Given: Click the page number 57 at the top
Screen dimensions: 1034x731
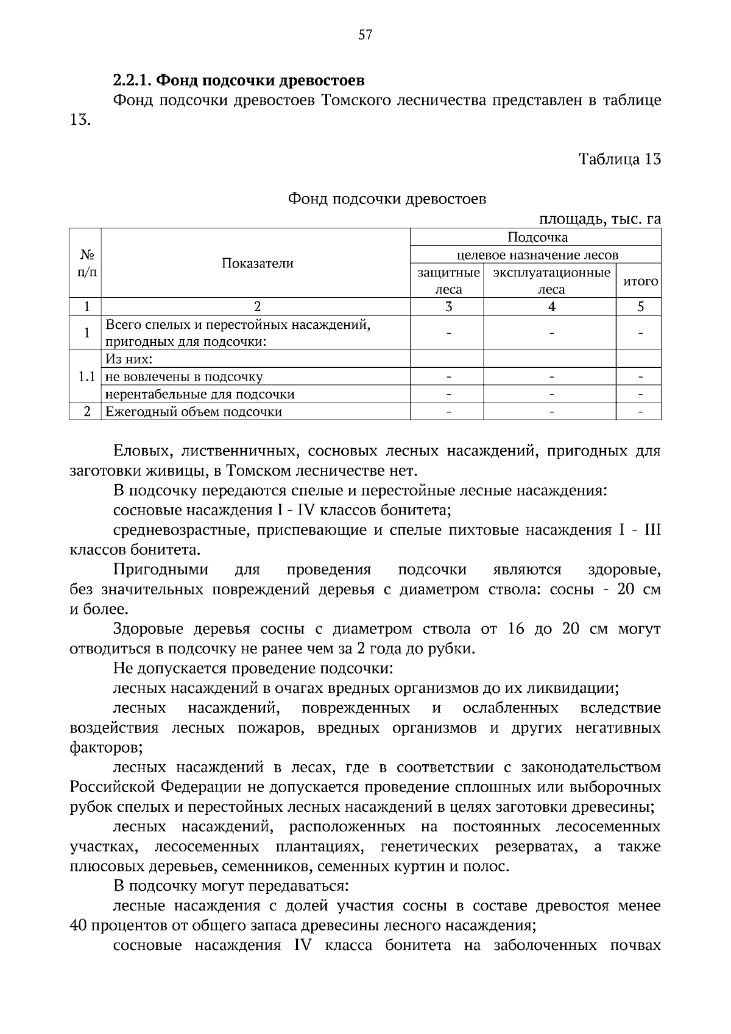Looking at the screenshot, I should (x=365, y=35).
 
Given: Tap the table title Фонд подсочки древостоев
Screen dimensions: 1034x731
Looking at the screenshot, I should (x=387, y=199).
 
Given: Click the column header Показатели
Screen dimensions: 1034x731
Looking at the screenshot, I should (x=257, y=263).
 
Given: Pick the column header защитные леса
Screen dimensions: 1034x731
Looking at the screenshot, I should (x=448, y=281).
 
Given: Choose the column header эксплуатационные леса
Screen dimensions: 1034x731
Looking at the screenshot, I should (x=551, y=281).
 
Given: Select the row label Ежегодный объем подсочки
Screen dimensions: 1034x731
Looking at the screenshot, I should (x=194, y=412).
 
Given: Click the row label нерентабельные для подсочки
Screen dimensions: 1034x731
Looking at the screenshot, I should (x=200, y=394).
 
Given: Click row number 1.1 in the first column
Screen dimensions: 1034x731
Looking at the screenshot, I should (x=87, y=376).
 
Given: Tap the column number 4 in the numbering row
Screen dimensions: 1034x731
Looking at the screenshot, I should (x=551, y=306).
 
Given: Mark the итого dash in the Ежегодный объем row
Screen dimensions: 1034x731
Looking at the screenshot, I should (x=640, y=412).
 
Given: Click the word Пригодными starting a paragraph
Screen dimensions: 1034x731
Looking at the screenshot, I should (x=161, y=570).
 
